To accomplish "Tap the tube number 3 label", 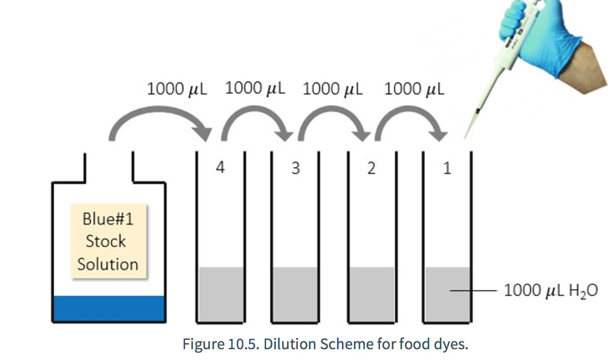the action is point(296,168).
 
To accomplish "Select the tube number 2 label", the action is point(371,168).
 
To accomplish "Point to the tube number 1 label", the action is point(447,168).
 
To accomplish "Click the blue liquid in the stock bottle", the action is point(109,308).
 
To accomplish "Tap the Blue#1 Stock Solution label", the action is point(108,241).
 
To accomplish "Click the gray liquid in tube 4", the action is point(221,294).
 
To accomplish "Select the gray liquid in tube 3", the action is point(295,294).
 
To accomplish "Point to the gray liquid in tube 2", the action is point(372,294).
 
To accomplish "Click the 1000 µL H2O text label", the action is point(551,291).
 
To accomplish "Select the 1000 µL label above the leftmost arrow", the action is point(177,89).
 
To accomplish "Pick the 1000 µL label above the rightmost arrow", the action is point(415,89).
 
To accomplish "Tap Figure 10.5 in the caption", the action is point(221,344).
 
